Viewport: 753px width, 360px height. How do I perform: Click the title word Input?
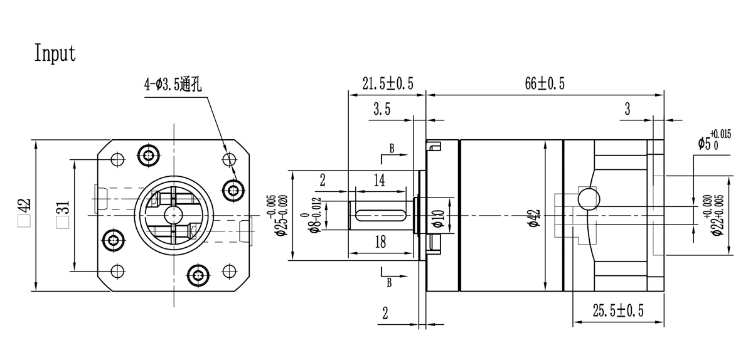click(55, 54)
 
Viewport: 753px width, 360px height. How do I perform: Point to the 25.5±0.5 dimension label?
click(619, 310)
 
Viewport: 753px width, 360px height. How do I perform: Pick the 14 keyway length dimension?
click(379, 181)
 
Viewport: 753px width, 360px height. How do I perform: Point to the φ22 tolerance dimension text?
click(713, 216)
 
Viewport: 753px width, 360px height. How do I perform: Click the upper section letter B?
click(392, 149)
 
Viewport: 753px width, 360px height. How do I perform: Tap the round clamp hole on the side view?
click(588, 198)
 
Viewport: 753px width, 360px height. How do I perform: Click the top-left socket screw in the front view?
click(149, 154)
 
